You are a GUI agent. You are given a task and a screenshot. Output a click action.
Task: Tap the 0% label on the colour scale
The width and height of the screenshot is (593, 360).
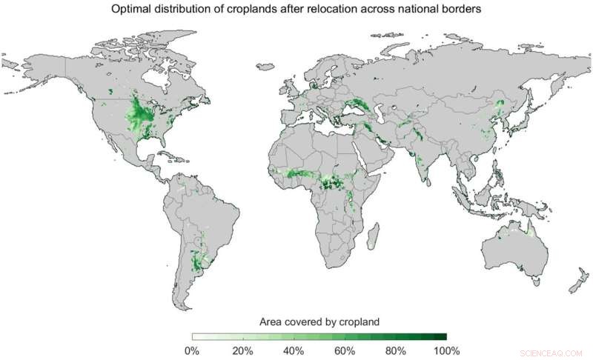point(191,350)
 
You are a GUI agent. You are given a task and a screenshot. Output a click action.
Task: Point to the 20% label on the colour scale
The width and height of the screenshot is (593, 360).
point(242,350)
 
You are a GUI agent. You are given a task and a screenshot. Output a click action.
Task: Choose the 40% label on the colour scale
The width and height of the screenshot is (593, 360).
point(294,350)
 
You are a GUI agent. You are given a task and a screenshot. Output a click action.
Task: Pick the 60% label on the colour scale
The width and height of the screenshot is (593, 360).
point(345,350)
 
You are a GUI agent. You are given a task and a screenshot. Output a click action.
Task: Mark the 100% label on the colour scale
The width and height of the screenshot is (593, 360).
point(446,350)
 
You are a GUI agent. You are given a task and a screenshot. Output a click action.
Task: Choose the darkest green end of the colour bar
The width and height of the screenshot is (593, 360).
point(441,337)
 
